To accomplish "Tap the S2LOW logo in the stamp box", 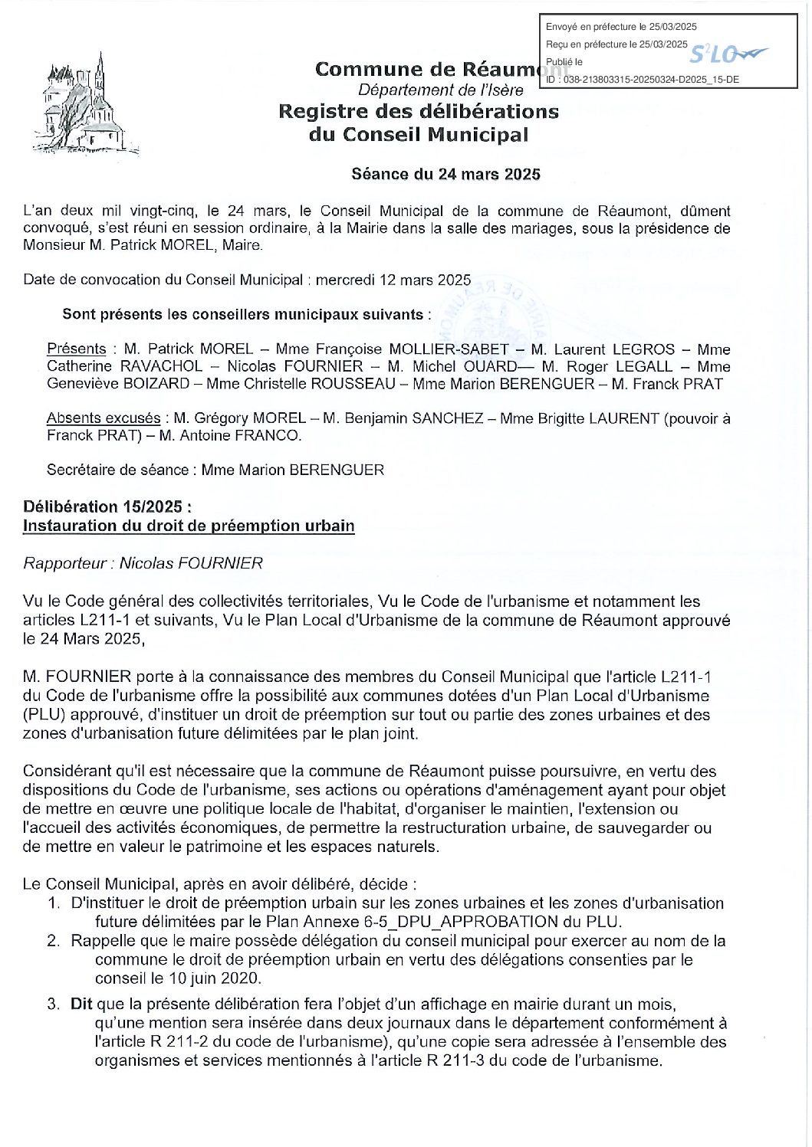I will (727, 54).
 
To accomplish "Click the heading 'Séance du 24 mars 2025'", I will (445, 174).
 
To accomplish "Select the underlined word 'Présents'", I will (77, 349).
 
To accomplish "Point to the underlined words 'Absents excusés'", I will (104, 418).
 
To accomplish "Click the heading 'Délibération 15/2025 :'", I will (107, 507).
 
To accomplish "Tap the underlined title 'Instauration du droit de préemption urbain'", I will (189, 526).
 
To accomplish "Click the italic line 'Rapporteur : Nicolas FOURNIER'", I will (143, 564).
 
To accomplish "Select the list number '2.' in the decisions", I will (53, 941).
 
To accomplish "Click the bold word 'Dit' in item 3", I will (81, 1004).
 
